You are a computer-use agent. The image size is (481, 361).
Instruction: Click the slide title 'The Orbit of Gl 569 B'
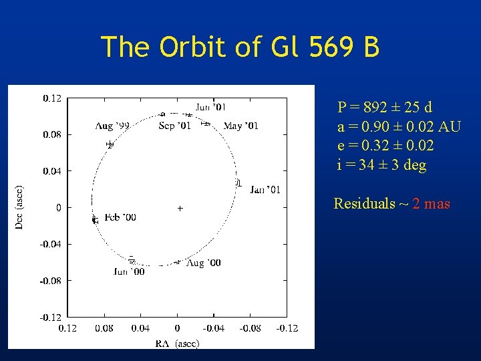[x=240, y=47]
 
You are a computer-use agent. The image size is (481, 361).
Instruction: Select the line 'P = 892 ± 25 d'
[x=384, y=107]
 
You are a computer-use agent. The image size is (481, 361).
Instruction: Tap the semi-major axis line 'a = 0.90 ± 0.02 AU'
[x=399, y=126]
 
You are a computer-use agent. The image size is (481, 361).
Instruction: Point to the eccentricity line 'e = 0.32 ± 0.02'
[x=385, y=146]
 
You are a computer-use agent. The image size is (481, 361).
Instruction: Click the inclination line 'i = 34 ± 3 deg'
[x=381, y=165]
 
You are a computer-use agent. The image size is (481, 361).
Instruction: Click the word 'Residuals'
[x=364, y=204]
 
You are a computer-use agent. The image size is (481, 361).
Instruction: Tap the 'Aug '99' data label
[x=112, y=126]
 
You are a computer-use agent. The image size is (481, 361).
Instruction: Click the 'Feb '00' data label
[x=120, y=217]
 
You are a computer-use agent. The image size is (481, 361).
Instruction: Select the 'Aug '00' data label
[x=204, y=263]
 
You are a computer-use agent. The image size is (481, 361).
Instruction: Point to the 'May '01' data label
[x=240, y=126]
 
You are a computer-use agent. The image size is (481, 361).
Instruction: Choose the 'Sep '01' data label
[x=175, y=126]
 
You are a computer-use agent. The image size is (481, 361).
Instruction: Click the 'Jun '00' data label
[x=129, y=271]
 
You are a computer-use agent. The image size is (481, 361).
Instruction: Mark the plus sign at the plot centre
[x=180, y=209]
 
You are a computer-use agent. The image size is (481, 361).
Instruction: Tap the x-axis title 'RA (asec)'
[x=177, y=344]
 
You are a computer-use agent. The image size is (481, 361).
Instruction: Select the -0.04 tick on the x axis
[x=214, y=328]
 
